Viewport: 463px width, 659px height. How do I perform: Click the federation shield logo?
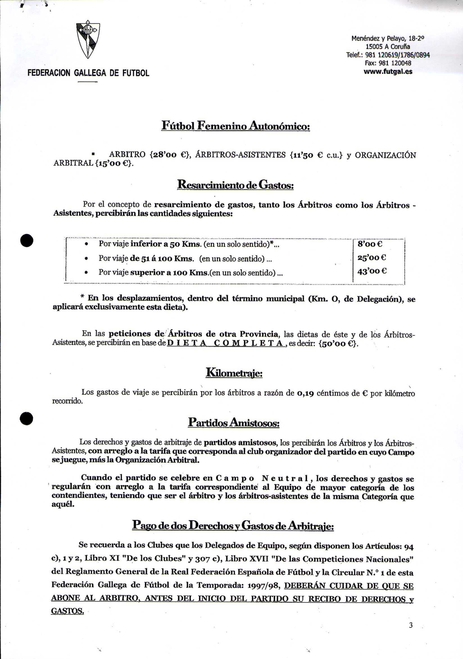[88, 40]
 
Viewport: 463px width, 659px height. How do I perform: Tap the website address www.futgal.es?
[388, 72]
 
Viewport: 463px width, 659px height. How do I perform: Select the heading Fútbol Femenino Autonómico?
[235, 126]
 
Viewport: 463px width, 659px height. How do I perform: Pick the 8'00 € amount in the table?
[370, 244]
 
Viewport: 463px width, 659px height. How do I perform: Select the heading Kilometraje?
[234, 373]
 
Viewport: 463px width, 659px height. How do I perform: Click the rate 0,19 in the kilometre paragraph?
[305, 393]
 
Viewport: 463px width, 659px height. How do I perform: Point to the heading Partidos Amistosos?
[234, 423]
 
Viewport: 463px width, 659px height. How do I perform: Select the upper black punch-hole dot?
[27, 241]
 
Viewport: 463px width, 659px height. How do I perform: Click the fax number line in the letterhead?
[388, 63]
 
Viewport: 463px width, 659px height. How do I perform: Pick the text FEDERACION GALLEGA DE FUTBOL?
[88, 73]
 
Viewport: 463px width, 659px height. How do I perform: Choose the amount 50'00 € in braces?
[338, 344]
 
